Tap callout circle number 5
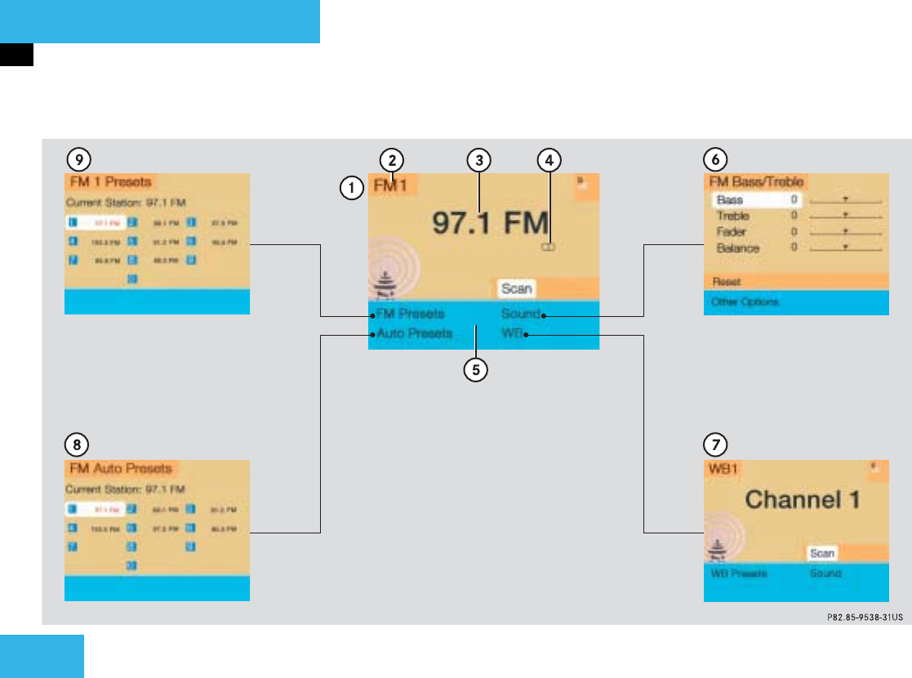point(474,370)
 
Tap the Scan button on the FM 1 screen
point(516,288)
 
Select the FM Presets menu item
point(411,314)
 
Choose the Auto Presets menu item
point(414,333)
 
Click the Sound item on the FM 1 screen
point(520,314)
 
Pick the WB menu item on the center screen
point(513,333)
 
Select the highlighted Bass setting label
point(729,200)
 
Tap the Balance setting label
point(737,248)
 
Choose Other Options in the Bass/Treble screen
point(744,301)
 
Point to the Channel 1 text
point(803,499)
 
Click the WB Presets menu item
point(737,573)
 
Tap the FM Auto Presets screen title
point(120,469)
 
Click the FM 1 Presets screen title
point(109,181)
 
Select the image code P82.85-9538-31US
point(858,618)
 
